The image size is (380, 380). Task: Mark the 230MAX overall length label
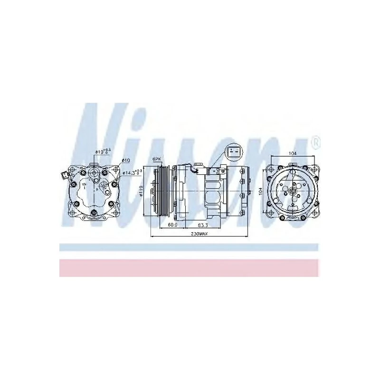[199, 234]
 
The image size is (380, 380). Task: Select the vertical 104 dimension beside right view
[260, 191]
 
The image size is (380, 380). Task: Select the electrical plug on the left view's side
[64, 176]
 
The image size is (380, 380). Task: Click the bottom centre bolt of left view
[93, 212]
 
